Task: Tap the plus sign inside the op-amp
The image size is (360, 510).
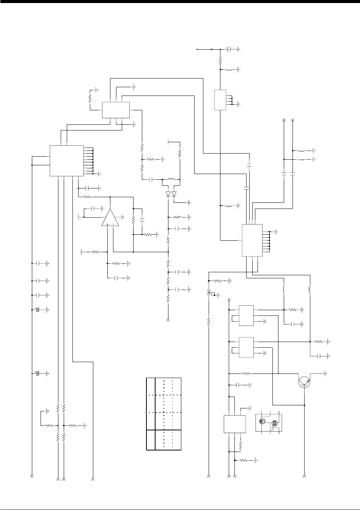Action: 108,225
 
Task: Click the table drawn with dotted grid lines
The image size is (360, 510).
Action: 164,414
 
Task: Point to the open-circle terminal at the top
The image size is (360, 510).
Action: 197,49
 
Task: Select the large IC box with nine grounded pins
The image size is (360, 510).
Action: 67,161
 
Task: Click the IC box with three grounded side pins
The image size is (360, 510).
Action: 220,100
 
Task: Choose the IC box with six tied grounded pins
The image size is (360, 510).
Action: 252,240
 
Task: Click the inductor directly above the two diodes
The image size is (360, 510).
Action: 171,179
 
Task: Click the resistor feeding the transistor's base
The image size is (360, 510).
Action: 247,373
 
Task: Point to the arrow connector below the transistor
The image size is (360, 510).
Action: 305,475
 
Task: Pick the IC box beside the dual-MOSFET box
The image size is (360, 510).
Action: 234,424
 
